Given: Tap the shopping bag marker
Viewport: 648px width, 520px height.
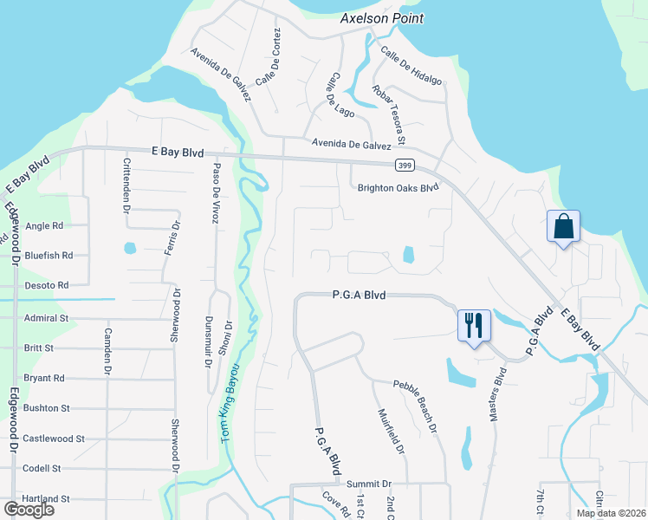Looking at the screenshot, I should (x=563, y=227).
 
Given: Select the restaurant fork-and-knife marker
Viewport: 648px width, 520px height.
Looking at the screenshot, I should (x=473, y=325).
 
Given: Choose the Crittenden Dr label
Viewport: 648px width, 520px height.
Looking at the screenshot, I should (x=126, y=185).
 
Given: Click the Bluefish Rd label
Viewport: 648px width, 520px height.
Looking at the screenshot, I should (x=49, y=256).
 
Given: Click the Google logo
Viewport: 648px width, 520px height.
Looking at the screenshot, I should (x=29, y=510).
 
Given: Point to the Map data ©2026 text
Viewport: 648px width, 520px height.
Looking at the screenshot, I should (x=610, y=513).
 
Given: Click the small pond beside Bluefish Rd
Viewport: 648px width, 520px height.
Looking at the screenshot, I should (x=130, y=248).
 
